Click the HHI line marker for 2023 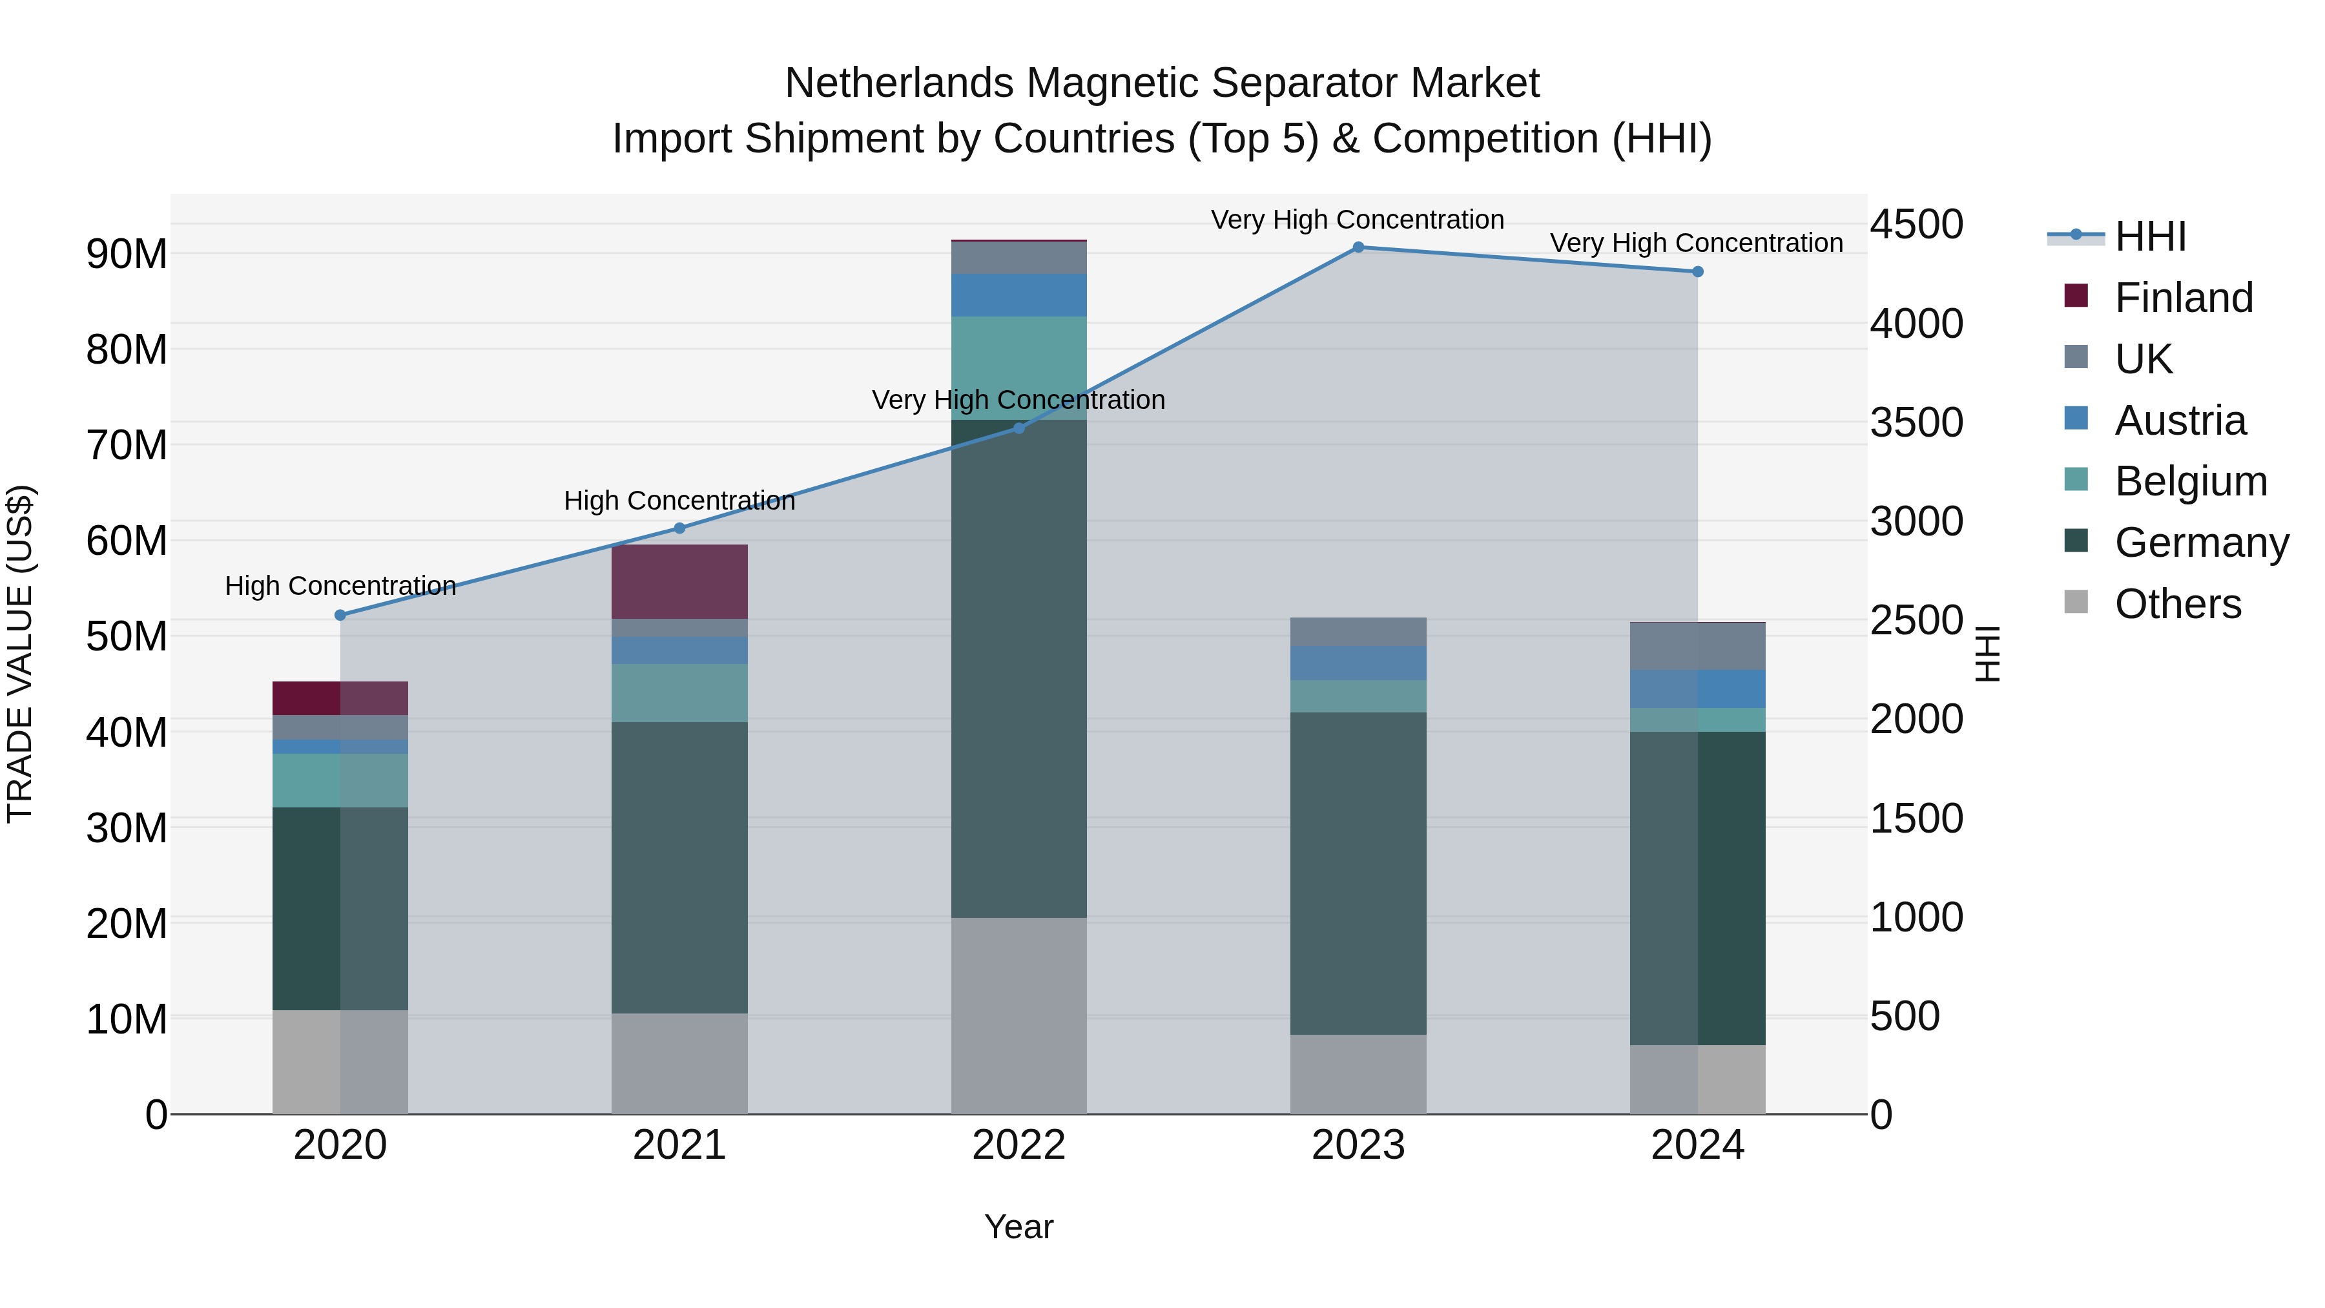1358,247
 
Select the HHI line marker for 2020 340,616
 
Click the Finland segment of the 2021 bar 679,581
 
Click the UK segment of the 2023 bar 1358,632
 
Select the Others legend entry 2177,604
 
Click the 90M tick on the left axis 127,254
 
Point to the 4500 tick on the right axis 1916,225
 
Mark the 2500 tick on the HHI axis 1916,621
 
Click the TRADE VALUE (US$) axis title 20,654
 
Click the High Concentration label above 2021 679,501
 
